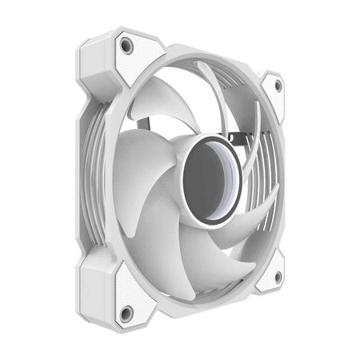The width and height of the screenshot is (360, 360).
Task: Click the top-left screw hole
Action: point(126,46)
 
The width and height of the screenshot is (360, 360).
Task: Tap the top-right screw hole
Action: point(278,86)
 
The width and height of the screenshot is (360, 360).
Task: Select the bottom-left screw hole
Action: point(126,311)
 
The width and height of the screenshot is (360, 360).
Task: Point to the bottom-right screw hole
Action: point(278,276)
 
